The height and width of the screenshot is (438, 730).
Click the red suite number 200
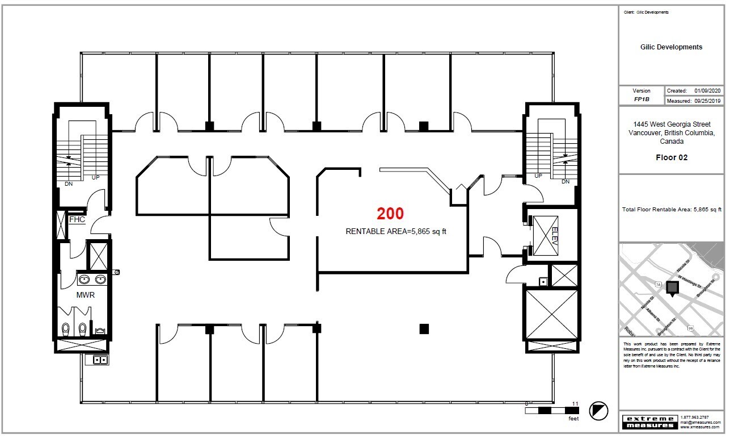click(391, 214)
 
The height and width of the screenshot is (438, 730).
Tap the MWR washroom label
click(85, 295)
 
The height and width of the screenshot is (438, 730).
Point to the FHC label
click(77, 219)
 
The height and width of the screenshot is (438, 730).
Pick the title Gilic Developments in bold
click(671, 47)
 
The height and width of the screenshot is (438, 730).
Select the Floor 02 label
click(671, 157)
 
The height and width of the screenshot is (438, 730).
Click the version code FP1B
click(642, 99)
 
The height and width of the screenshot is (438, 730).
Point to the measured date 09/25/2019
click(707, 100)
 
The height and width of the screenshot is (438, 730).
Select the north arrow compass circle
click(599, 410)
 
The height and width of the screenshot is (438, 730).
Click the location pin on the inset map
click(672, 288)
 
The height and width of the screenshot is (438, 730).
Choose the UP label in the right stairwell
click(538, 176)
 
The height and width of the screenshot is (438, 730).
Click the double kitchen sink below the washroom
click(100, 360)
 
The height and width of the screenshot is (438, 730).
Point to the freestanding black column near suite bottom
click(423, 328)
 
